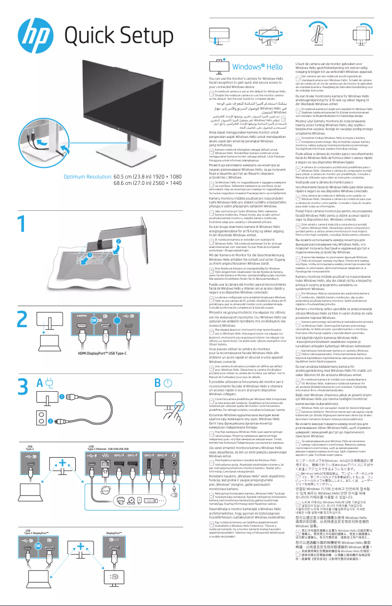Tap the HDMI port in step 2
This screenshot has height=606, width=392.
pyautogui.click(x=81, y=332)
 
